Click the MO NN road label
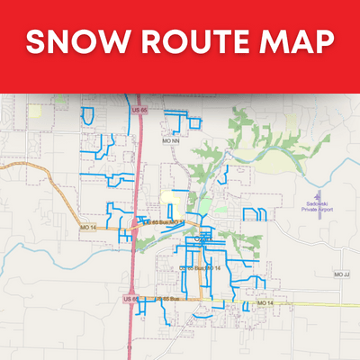[x=171, y=140]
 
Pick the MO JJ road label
[x=339, y=273]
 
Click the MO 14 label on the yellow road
[x=264, y=303]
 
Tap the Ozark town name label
[x=203, y=238]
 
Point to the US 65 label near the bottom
[x=130, y=298]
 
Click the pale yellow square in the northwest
[x=34, y=112]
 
